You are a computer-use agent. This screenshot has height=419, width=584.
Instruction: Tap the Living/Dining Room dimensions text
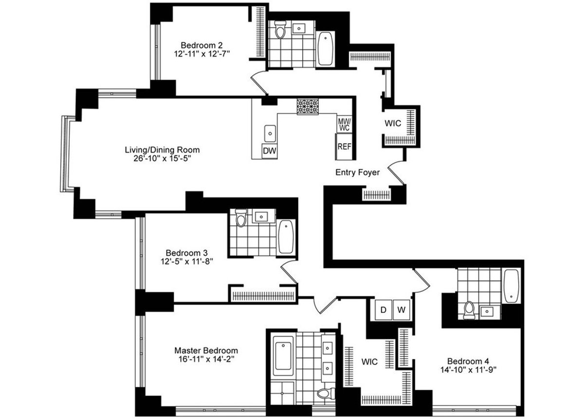[162, 159]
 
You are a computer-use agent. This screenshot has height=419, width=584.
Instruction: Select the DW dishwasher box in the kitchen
[269, 151]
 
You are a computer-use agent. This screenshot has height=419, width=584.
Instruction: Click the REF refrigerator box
[344, 147]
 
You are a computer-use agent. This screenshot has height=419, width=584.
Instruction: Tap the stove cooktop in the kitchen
[308, 106]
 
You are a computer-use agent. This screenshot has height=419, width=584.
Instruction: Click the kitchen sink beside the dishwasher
[270, 132]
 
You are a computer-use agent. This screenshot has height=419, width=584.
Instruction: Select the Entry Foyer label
[357, 172]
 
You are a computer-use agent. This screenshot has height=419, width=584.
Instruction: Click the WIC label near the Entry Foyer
[393, 123]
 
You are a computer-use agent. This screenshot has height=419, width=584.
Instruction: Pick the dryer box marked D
[383, 310]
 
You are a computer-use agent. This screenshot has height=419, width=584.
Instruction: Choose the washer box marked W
[401, 310]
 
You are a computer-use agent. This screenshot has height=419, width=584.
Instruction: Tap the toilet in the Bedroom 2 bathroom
[280, 30]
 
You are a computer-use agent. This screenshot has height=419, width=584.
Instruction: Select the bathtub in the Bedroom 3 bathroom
[286, 236]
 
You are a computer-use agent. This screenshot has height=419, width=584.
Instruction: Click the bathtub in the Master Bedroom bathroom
[282, 355]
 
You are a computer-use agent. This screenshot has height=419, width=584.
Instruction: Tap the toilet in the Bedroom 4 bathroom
[469, 310]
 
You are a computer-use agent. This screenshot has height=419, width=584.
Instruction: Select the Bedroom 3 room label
[186, 253]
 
